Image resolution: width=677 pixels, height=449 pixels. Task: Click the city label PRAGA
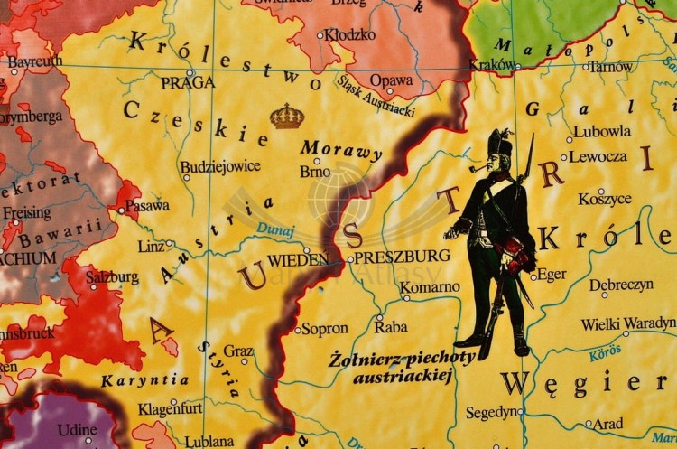[188, 82]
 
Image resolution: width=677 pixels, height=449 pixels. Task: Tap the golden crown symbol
[287, 116]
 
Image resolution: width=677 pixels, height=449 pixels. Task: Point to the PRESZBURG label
[402, 257]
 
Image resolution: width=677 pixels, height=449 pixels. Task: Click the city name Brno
[315, 171]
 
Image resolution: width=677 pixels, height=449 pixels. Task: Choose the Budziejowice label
[220, 166]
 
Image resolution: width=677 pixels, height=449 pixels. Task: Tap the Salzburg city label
[113, 276]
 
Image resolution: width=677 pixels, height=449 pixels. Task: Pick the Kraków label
[492, 65]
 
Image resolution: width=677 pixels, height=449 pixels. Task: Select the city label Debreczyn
[621, 285]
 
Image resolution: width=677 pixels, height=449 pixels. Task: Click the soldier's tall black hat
[500, 144]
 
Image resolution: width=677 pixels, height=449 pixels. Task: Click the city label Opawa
[392, 80]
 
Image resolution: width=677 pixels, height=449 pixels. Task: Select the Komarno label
[430, 287]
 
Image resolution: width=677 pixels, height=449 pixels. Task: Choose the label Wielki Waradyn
[628, 323]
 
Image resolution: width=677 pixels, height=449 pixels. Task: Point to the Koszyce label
[605, 198]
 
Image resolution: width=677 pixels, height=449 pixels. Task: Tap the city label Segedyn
[493, 411]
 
